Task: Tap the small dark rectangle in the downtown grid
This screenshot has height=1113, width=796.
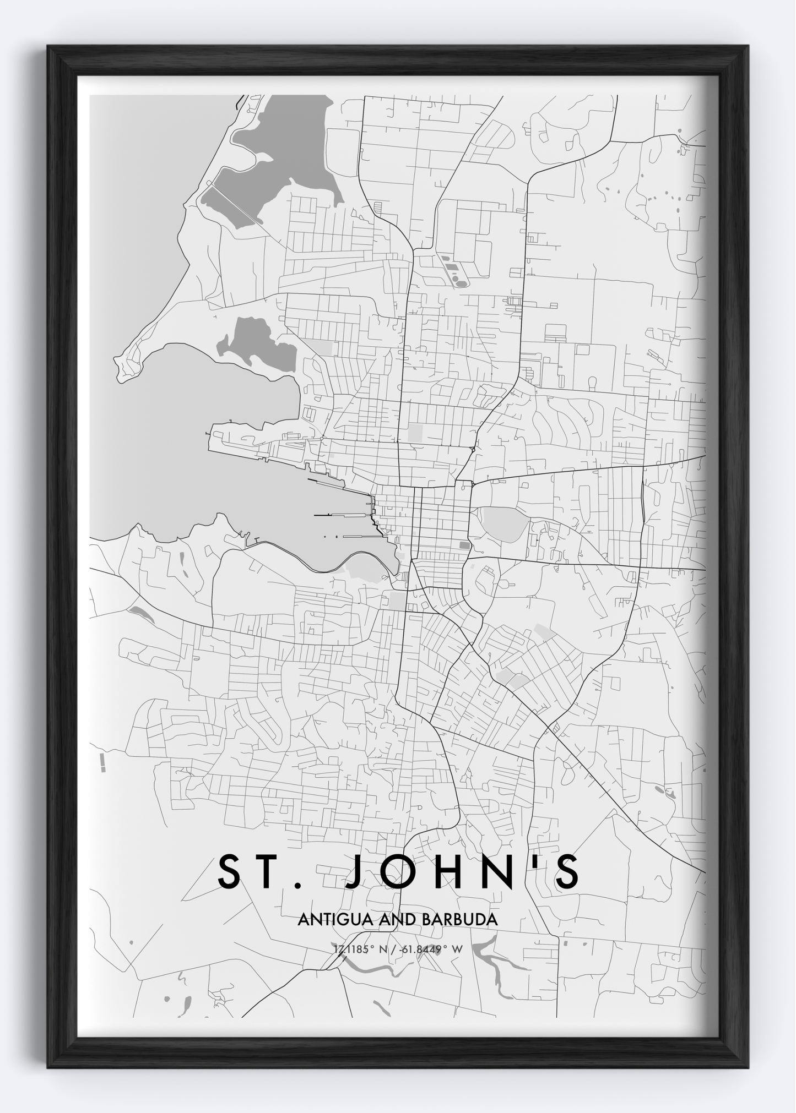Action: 464,545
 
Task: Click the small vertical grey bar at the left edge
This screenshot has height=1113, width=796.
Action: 103,763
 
